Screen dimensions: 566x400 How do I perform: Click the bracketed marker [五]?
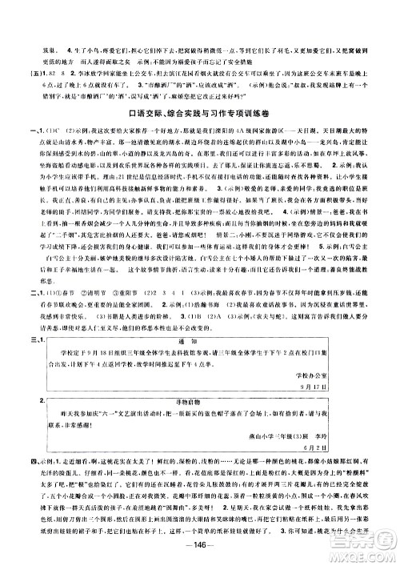click(35, 71)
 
